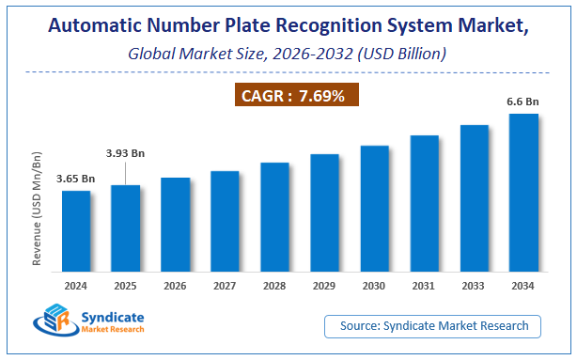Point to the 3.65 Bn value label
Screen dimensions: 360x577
pyautogui.click(x=76, y=179)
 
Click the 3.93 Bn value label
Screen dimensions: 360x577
pyautogui.click(x=124, y=153)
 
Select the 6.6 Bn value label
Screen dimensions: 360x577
pyautogui.click(x=523, y=102)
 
